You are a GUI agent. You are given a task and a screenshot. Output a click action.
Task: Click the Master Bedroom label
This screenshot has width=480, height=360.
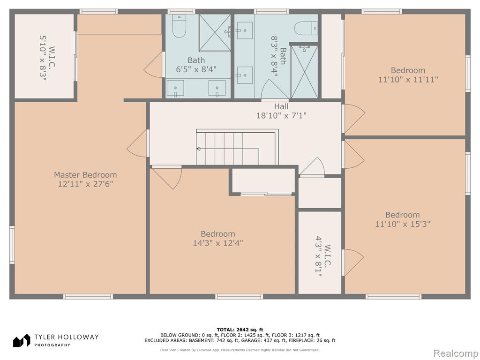point(85,175)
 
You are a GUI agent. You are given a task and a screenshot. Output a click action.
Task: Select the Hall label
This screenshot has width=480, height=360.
point(281,106)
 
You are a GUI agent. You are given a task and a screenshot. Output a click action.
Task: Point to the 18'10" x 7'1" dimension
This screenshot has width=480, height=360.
point(281,116)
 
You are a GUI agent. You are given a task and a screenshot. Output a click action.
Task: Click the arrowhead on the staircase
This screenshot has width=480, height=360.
point(198,149)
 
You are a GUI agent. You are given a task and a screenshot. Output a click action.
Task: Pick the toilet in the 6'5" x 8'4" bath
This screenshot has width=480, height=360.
point(179,26)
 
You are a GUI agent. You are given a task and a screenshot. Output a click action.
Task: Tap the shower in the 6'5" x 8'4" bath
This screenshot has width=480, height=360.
point(215,33)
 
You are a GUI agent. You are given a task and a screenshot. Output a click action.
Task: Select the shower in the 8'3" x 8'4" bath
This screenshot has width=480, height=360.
point(304,72)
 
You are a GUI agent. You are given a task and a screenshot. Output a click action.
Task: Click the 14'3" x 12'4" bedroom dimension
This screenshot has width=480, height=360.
point(218,243)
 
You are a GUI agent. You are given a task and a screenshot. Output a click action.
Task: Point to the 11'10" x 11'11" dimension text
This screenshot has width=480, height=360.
point(408,80)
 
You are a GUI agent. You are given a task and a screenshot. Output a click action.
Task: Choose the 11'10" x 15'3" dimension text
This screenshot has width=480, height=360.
point(403,224)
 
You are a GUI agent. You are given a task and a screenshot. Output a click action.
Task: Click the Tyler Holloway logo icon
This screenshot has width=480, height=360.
point(22,340)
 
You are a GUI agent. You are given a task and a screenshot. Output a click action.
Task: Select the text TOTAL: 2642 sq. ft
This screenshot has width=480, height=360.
point(240,330)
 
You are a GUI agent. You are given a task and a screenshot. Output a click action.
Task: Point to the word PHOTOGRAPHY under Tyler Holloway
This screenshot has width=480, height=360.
point(52,345)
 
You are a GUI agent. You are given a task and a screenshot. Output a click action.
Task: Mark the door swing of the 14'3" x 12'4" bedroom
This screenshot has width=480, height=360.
point(167,178)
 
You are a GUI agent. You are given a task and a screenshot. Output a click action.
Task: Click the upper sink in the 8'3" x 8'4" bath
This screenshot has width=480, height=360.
point(245,30)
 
